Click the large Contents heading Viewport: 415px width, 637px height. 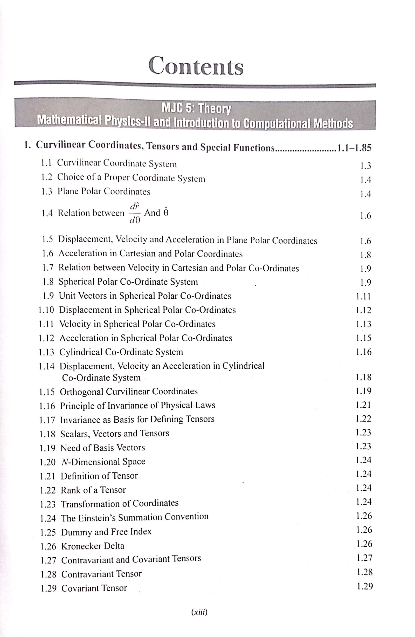coord(196,66)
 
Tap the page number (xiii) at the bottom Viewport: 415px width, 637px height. coord(199,612)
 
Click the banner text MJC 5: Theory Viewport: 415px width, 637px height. coord(196,109)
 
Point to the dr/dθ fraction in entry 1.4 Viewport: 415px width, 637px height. coord(135,213)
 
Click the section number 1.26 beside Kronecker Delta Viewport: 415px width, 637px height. coord(48,546)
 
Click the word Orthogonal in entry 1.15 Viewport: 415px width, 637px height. coord(81,392)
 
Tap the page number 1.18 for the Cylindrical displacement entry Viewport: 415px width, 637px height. coord(364,377)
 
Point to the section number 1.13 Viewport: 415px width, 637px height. coord(46,352)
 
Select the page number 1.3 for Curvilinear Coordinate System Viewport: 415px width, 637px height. coord(365,166)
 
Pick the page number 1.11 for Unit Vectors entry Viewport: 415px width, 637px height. coord(363,296)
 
